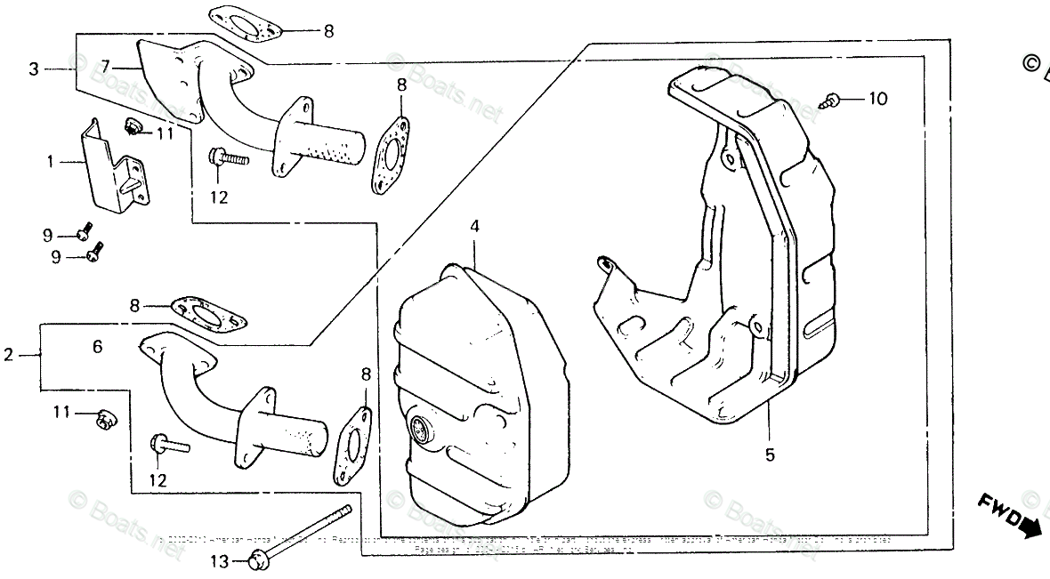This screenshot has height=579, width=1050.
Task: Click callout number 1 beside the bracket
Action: pyautogui.click(x=50, y=162)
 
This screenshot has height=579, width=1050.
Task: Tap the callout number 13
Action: pyautogui.click(x=219, y=561)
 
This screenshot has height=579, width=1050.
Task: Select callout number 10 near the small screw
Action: pyautogui.click(x=877, y=99)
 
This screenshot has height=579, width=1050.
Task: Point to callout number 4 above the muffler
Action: pyautogui.click(x=475, y=227)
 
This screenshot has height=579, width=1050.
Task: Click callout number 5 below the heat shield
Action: pyautogui.click(x=770, y=455)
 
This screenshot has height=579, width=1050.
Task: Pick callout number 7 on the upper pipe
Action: pyautogui.click(x=105, y=65)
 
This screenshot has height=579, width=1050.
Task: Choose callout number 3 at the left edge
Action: pyautogui.click(x=34, y=68)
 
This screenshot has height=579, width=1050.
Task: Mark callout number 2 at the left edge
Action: pyautogui.click(x=9, y=355)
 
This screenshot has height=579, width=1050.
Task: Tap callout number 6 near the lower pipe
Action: pyautogui.click(x=98, y=347)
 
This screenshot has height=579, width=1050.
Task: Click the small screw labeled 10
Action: pyautogui.click(x=834, y=100)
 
